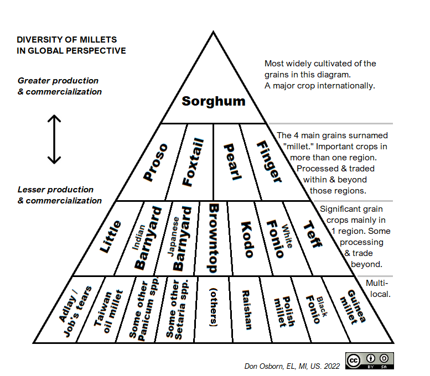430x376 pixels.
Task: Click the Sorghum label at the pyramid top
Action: [x=214, y=101]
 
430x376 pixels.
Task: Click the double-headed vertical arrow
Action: [x=54, y=139]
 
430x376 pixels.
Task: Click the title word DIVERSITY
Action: [x=38, y=40]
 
